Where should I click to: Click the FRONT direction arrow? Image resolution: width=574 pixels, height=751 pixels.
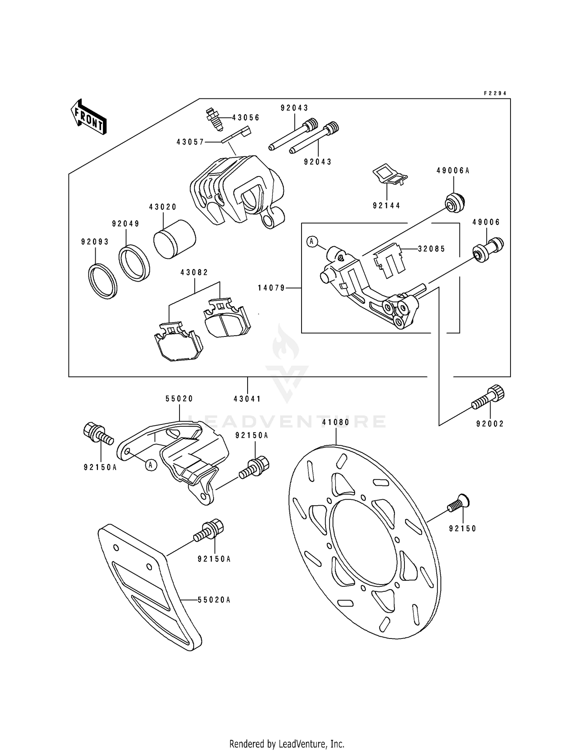tap(88, 117)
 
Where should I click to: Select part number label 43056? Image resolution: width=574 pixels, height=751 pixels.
tap(246, 118)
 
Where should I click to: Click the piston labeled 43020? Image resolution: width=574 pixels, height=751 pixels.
tap(174, 239)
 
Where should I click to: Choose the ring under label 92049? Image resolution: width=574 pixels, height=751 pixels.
tap(134, 263)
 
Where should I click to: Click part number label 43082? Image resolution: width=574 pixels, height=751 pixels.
tap(194, 273)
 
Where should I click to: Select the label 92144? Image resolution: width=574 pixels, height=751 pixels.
tap(386, 206)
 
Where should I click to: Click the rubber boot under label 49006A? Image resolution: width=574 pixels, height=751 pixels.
tap(455, 203)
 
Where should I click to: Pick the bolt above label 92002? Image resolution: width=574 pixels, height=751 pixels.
tap(488, 399)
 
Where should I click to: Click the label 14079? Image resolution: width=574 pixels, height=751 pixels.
tap(271, 288)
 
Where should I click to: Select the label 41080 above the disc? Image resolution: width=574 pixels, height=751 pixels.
tap(336, 423)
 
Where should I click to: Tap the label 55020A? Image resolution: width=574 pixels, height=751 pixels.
tap(214, 600)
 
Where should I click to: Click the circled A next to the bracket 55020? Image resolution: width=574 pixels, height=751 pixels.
tap(151, 465)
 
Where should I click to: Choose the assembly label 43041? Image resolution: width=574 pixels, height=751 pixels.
tap(247, 399)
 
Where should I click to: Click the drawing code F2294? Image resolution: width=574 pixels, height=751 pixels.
tap(495, 93)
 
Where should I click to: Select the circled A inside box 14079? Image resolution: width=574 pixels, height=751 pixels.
tap(312, 241)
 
